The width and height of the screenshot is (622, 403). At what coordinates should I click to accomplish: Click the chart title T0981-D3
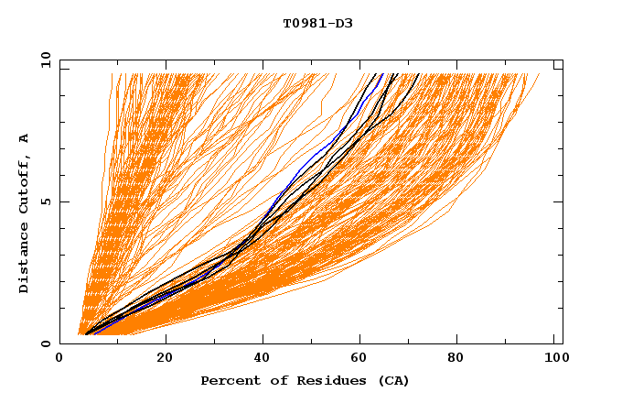point(317,23)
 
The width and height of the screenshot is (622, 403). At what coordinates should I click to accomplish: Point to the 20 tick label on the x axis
point(164,357)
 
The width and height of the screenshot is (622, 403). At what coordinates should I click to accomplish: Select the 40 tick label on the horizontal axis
point(263,357)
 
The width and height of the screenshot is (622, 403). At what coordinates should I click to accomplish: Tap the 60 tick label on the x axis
point(363,357)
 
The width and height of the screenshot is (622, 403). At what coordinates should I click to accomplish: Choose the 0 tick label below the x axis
point(60,357)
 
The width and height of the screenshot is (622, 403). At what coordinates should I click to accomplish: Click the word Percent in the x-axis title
point(227,380)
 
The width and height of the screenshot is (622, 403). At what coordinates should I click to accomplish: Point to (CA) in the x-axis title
point(391,380)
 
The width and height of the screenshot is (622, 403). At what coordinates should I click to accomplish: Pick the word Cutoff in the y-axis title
point(25,181)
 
